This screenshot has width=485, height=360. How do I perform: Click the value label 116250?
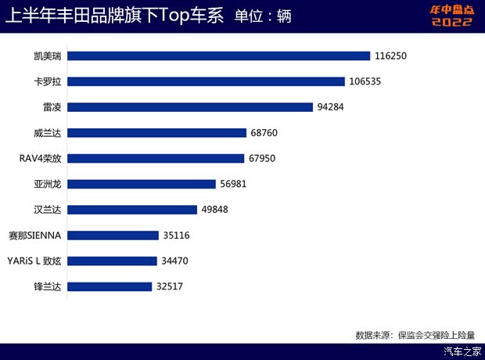coord(392,56)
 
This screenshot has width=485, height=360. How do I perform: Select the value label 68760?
coord(264,133)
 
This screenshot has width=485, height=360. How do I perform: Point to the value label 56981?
coord(236,184)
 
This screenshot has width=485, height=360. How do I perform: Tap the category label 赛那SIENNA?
coord(36,235)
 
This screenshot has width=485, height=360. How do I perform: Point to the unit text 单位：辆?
coord(263,16)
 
